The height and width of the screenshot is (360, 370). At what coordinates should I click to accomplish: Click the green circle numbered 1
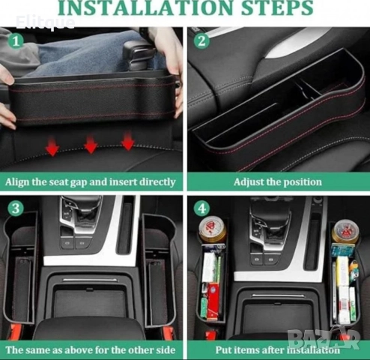(x=16, y=41)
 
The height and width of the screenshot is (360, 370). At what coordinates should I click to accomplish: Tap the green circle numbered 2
(x=201, y=41)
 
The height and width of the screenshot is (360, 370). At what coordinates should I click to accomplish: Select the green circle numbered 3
(x=16, y=208)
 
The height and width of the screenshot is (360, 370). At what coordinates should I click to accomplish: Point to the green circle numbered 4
(x=201, y=208)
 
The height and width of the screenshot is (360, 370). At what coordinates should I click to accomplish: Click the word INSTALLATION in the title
(x=147, y=7)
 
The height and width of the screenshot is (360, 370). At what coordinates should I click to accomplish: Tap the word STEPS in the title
(x=277, y=7)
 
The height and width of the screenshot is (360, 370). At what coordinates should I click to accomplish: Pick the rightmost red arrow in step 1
(x=127, y=141)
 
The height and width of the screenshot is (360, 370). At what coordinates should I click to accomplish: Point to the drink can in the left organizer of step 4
(x=213, y=229)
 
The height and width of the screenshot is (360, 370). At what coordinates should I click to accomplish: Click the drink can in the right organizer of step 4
(x=345, y=231)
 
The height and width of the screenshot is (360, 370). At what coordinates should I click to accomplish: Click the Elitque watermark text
(x=45, y=22)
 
